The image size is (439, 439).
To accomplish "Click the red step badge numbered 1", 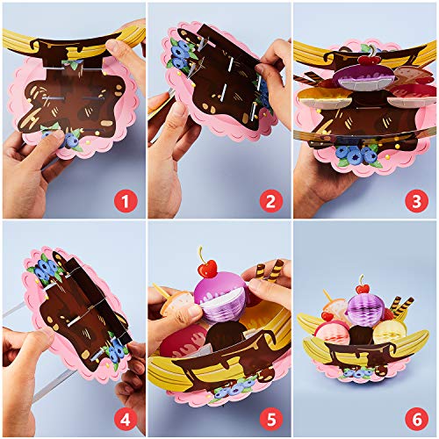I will tap(128, 203).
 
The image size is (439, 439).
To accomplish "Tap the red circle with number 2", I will tap(274, 203).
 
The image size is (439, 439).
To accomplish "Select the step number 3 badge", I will tap(420, 203).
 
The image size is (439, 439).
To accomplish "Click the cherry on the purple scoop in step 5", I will tap(207, 265).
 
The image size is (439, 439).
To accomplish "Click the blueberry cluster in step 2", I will tap(184, 54).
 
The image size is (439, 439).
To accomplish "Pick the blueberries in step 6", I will tap(355, 372).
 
